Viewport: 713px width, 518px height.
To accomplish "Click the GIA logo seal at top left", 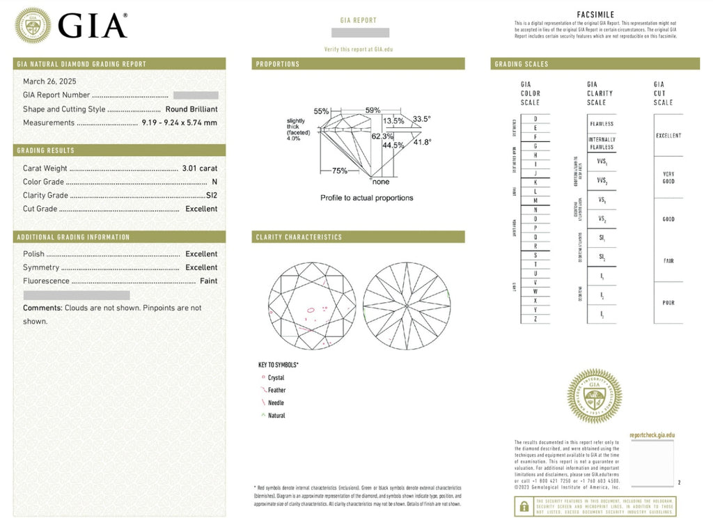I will tap(33, 26).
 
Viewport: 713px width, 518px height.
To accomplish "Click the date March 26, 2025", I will tap(49, 81).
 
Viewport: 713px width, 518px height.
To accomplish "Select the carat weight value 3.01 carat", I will tap(199, 168).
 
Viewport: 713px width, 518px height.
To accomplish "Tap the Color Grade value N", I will tap(214, 182).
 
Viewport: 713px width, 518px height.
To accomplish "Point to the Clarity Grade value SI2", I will tap(212, 196).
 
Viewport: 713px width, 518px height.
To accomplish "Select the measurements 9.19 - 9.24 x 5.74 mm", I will tap(179, 123).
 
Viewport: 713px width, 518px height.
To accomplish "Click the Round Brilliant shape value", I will tap(191, 109).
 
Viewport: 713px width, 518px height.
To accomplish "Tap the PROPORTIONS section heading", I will tap(278, 64).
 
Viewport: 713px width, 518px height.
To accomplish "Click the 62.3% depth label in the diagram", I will tap(381, 136).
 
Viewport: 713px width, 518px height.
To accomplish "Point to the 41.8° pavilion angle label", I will tap(422, 142).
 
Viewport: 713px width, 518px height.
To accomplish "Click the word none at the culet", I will tap(381, 182).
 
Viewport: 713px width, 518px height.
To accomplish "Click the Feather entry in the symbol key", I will tap(276, 391).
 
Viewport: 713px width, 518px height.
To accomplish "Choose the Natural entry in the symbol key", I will tap(276, 416).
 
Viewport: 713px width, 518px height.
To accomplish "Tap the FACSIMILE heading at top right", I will tap(596, 15).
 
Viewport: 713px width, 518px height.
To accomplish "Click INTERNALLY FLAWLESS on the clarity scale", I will tap(602, 143).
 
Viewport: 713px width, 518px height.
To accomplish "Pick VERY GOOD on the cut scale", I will tap(668, 178).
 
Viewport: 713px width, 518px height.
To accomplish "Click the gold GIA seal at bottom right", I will tap(594, 396).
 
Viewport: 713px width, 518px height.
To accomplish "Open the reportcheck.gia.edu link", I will tap(652, 435).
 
